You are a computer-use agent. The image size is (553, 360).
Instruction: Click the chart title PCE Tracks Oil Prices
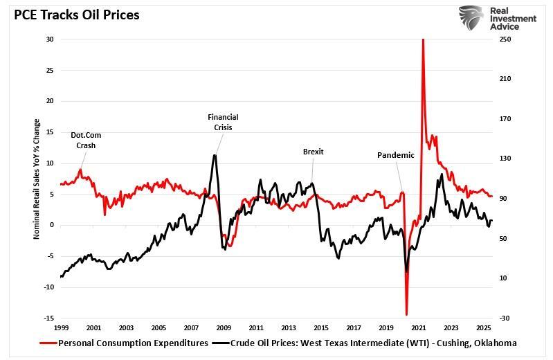click(72, 14)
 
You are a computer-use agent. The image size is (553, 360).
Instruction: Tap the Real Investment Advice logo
click(497, 18)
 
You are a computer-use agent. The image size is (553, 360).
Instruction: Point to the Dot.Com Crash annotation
click(86, 141)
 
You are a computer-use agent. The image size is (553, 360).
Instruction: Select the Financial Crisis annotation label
click(223, 123)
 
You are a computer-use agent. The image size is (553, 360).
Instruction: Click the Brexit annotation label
click(313, 152)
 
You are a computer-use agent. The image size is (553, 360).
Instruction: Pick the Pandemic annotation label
click(395, 155)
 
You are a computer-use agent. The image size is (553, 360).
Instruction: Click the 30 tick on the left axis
click(50, 39)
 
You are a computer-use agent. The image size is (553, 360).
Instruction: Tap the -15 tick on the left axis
click(48, 318)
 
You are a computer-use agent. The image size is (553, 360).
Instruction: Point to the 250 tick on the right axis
click(505, 39)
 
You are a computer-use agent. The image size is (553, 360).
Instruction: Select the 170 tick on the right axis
click(505, 119)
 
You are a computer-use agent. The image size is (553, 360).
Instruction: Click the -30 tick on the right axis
click(504, 318)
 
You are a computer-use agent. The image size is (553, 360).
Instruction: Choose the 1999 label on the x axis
click(61, 327)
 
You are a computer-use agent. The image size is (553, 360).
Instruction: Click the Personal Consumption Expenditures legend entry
click(125, 343)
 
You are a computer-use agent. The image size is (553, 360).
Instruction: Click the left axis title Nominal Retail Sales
click(37, 179)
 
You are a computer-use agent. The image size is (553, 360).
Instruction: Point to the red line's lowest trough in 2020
click(406, 314)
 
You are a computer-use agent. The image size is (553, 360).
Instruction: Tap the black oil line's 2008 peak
click(215, 154)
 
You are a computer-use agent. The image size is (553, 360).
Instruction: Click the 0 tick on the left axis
click(52, 225)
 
